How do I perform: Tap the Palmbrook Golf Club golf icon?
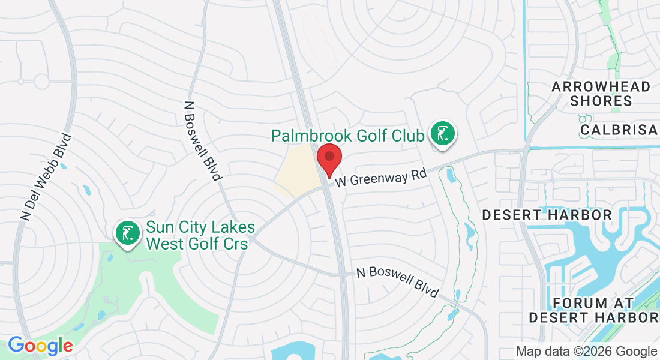(x=442, y=134)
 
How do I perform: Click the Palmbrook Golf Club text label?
(x=347, y=135)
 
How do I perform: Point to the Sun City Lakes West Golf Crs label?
(x=200, y=235)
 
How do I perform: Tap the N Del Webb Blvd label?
(x=46, y=176)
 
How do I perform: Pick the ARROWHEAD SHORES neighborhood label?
(x=601, y=94)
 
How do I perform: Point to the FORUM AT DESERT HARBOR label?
(x=593, y=310)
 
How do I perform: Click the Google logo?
(x=40, y=345)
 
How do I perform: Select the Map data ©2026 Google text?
(x=586, y=352)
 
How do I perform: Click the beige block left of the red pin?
(x=296, y=170)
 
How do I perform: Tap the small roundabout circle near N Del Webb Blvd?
(x=41, y=80)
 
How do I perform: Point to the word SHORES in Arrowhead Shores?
(x=601, y=101)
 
